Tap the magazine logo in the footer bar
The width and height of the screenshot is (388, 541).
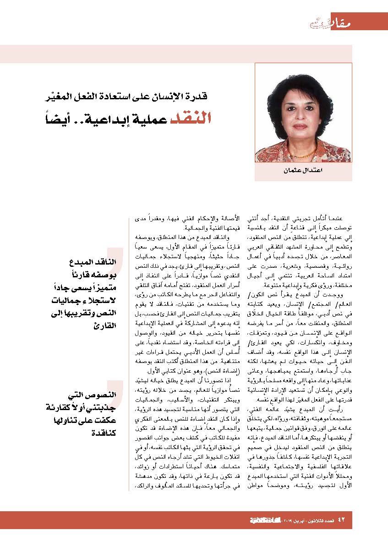tap(263, 520)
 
